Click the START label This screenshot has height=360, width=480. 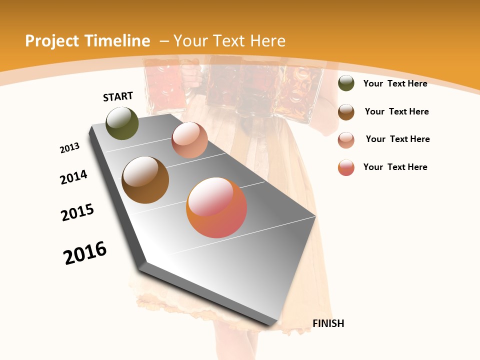pyautogui.click(x=118, y=96)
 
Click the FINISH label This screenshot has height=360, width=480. pyautogui.click(x=328, y=323)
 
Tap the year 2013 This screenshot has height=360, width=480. pyautogui.click(x=70, y=148)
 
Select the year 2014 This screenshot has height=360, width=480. pyautogui.click(x=74, y=177)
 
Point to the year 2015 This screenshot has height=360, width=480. pyautogui.click(x=77, y=212)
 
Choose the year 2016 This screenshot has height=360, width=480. pyautogui.click(x=85, y=252)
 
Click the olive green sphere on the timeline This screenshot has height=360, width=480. pyautogui.click(x=122, y=123)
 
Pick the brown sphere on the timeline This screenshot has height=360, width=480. pyautogui.click(x=145, y=180)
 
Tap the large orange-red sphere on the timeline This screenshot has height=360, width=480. pyautogui.click(x=216, y=207)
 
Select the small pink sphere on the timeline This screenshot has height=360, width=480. pyautogui.click(x=189, y=140)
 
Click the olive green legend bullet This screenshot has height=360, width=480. pyautogui.click(x=346, y=83)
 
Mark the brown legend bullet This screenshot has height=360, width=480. pyautogui.click(x=346, y=111)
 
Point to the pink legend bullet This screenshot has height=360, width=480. pyautogui.click(x=346, y=139)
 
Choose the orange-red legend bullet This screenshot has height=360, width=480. pyautogui.click(x=346, y=167)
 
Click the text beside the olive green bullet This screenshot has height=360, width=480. pyautogui.click(x=395, y=83)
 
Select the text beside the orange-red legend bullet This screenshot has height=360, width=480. pyautogui.click(x=395, y=167)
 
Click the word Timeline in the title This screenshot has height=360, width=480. pyautogui.click(x=119, y=41)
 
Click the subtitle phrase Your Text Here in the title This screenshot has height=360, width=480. pyautogui.click(x=229, y=41)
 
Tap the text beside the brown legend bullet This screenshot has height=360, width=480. pyautogui.click(x=396, y=111)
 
